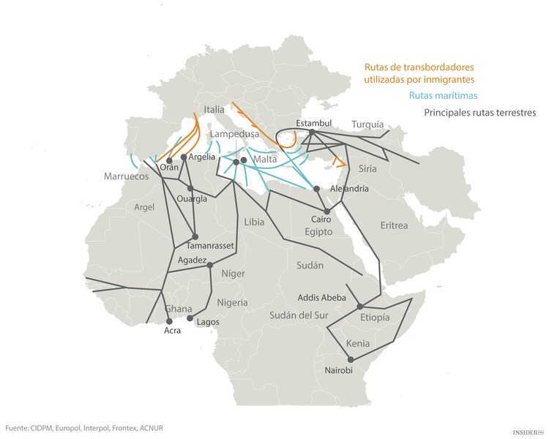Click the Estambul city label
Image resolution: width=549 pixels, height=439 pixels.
(x=314, y=122)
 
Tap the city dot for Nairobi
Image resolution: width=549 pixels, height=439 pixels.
(x=351, y=359)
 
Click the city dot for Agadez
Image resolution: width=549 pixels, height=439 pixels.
(x=209, y=265)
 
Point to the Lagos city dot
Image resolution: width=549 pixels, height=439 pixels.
(x=190, y=318)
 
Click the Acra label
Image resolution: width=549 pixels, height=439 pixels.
(x=172, y=331)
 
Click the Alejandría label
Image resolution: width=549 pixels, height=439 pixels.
(x=350, y=189)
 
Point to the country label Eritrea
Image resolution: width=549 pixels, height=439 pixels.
(x=394, y=225)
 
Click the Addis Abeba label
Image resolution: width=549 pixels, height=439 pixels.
(x=326, y=298)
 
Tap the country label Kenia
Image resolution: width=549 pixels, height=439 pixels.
(x=359, y=343)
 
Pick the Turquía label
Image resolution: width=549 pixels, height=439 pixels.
(x=367, y=125)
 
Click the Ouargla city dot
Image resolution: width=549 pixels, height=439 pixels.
(x=190, y=188)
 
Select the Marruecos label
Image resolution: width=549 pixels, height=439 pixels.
(x=126, y=177)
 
